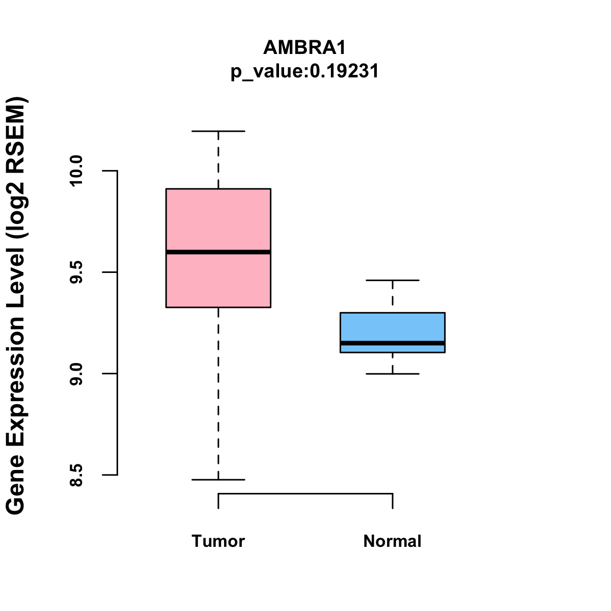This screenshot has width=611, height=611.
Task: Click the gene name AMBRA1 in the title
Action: coord(304,48)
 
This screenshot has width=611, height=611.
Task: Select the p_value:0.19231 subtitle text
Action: coord(304,71)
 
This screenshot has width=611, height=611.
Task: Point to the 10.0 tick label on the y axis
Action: coord(76,171)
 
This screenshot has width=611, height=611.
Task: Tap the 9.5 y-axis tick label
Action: coord(76,272)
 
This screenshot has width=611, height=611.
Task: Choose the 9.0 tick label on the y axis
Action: coord(76,374)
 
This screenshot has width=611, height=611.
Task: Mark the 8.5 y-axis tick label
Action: coord(76,475)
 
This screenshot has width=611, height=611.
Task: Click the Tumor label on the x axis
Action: coord(218,541)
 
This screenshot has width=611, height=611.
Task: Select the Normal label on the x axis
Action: coord(392,541)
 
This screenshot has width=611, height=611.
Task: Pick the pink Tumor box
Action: coord(218,219)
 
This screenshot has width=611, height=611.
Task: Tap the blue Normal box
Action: coord(393,326)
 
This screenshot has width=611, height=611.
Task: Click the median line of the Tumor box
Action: coord(218,252)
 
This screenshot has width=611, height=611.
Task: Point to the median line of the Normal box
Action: coord(393,343)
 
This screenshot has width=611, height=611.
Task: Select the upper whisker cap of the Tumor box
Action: coord(218,131)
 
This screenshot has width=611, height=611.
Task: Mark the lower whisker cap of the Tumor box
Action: coord(218,480)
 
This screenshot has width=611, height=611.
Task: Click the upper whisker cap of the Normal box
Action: coord(393,281)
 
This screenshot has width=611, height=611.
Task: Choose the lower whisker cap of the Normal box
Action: coord(393,374)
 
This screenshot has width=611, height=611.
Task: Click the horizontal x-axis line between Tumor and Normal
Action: coord(305,493)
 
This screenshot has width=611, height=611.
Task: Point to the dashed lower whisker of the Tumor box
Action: coord(218,392)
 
